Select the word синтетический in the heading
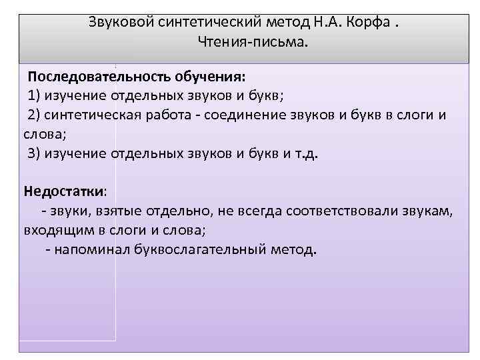coord(193,23)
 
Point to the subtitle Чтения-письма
coord(253,43)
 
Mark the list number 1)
coord(35,93)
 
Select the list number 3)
coord(35,153)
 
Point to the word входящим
coord(53,231)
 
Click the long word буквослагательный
coord(209,250)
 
